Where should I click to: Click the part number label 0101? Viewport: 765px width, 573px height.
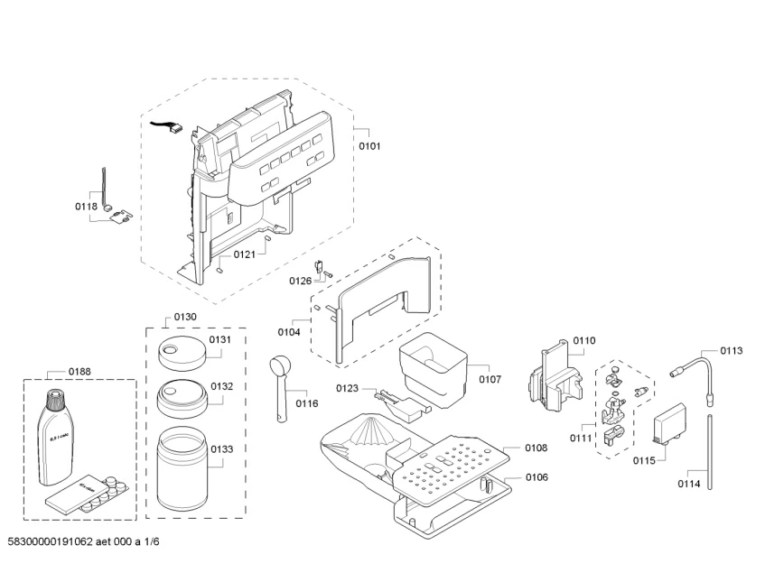(369, 144)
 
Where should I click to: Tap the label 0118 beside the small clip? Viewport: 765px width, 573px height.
(86, 207)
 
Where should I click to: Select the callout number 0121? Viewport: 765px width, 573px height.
(244, 254)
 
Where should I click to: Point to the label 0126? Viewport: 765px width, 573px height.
(301, 281)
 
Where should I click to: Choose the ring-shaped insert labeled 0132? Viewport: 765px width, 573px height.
(181, 395)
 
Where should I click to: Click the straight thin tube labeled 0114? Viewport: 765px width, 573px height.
(711, 450)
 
